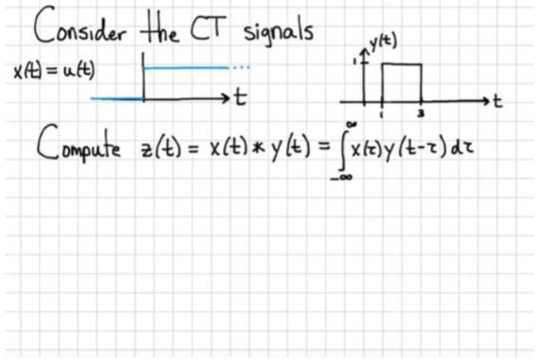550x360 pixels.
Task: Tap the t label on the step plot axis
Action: (242, 97)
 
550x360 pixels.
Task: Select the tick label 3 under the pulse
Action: (421, 113)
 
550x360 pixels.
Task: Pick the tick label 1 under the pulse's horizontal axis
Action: (381, 113)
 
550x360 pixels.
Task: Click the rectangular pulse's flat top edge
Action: (401, 63)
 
